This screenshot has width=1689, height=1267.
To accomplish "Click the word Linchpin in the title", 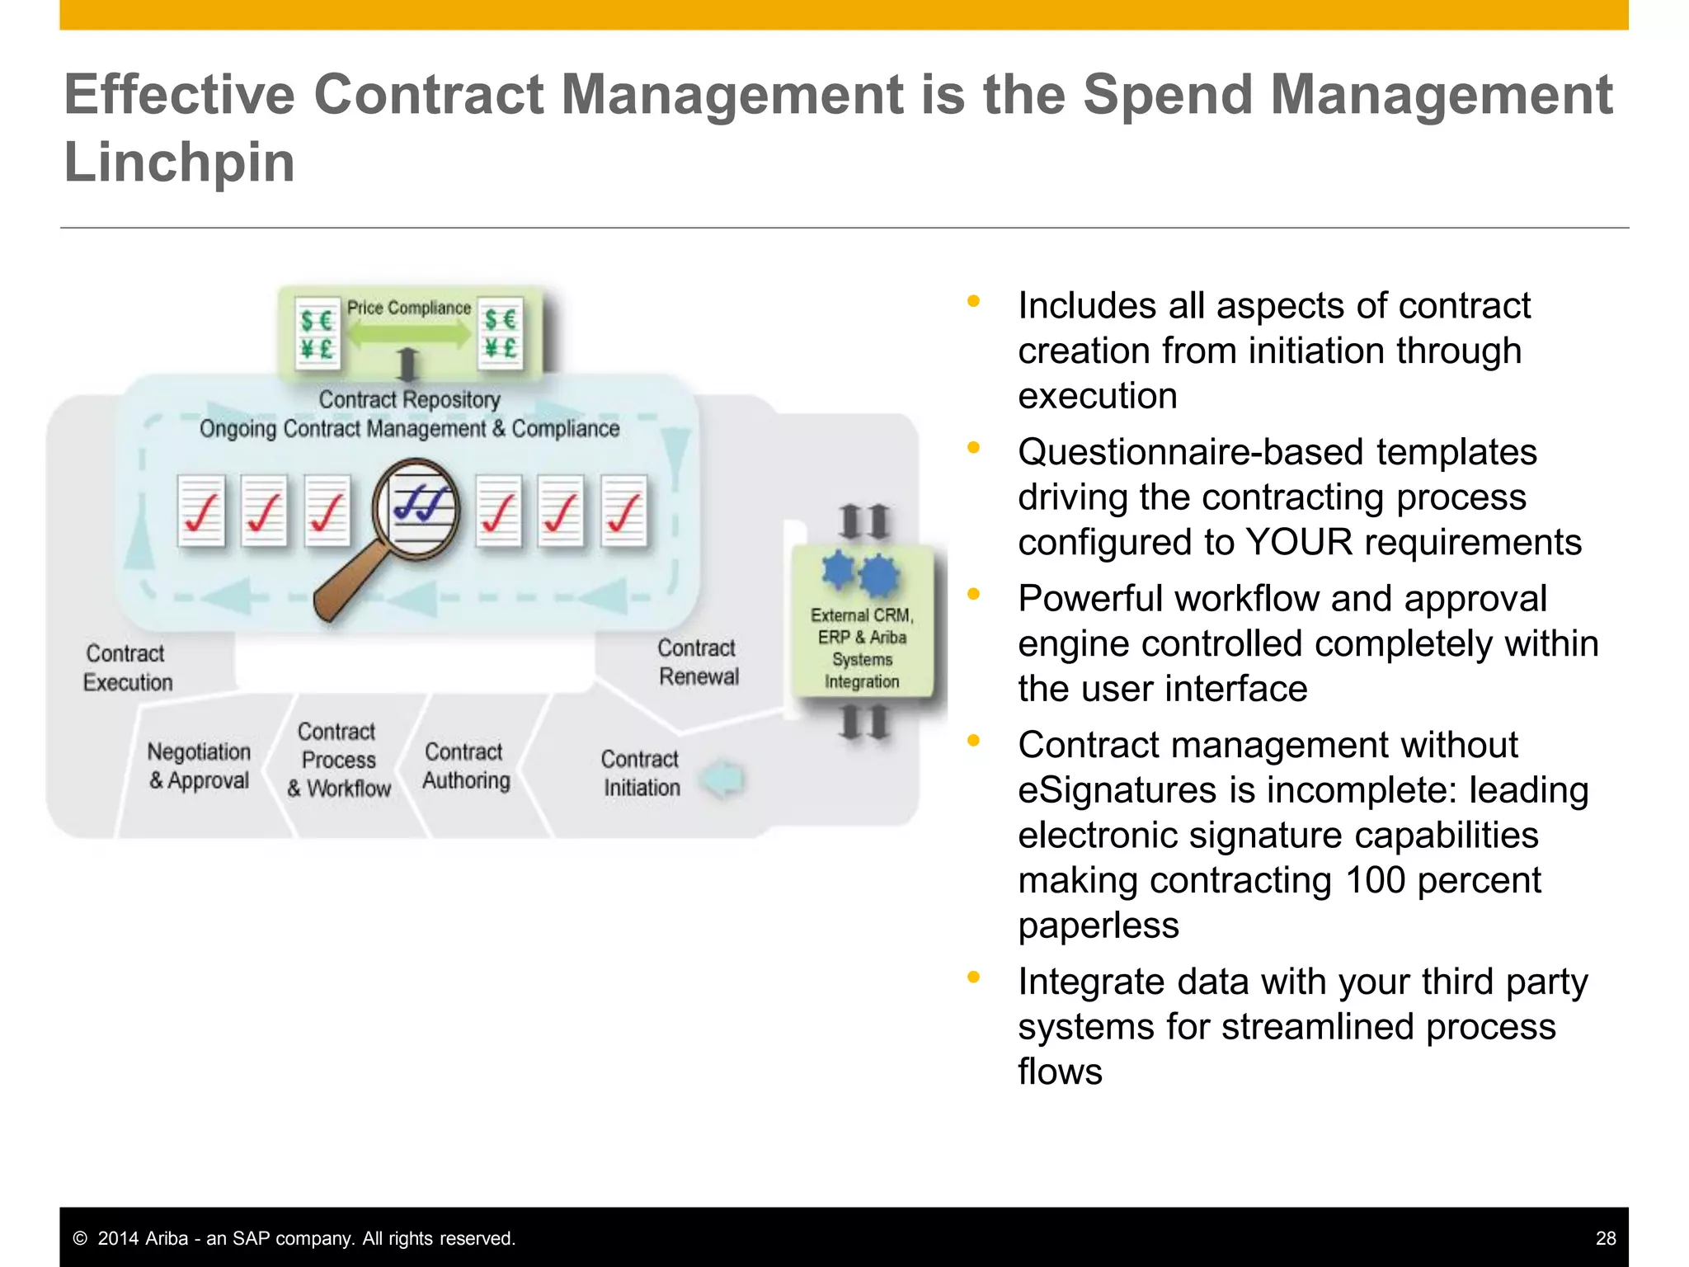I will [179, 162].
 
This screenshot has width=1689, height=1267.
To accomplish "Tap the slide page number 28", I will [1605, 1238].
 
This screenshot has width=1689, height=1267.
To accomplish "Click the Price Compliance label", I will [408, 308].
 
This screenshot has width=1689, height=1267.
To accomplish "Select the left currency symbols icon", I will [317, 333].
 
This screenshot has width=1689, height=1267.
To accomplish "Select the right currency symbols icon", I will [501, 333].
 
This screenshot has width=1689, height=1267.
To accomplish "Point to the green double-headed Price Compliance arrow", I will [408, 333].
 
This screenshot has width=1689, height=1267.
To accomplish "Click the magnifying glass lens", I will [416, 509].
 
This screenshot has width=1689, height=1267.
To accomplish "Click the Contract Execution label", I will [127, 668].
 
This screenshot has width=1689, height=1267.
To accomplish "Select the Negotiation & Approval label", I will [199, 766].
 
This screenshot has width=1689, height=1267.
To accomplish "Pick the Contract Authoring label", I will [466, 766].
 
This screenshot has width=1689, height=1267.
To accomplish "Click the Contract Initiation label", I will [641, 773].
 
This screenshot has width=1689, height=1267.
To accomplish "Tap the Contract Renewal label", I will [698, 662].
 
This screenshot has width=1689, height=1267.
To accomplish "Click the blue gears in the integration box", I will [861, 573].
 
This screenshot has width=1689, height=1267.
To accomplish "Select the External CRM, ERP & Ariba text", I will [862, 626].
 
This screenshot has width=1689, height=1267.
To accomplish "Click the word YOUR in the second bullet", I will [1299, 543].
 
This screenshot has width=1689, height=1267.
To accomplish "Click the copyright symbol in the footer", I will [80, 1238].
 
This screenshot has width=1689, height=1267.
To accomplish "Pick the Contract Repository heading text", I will [409, 399].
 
